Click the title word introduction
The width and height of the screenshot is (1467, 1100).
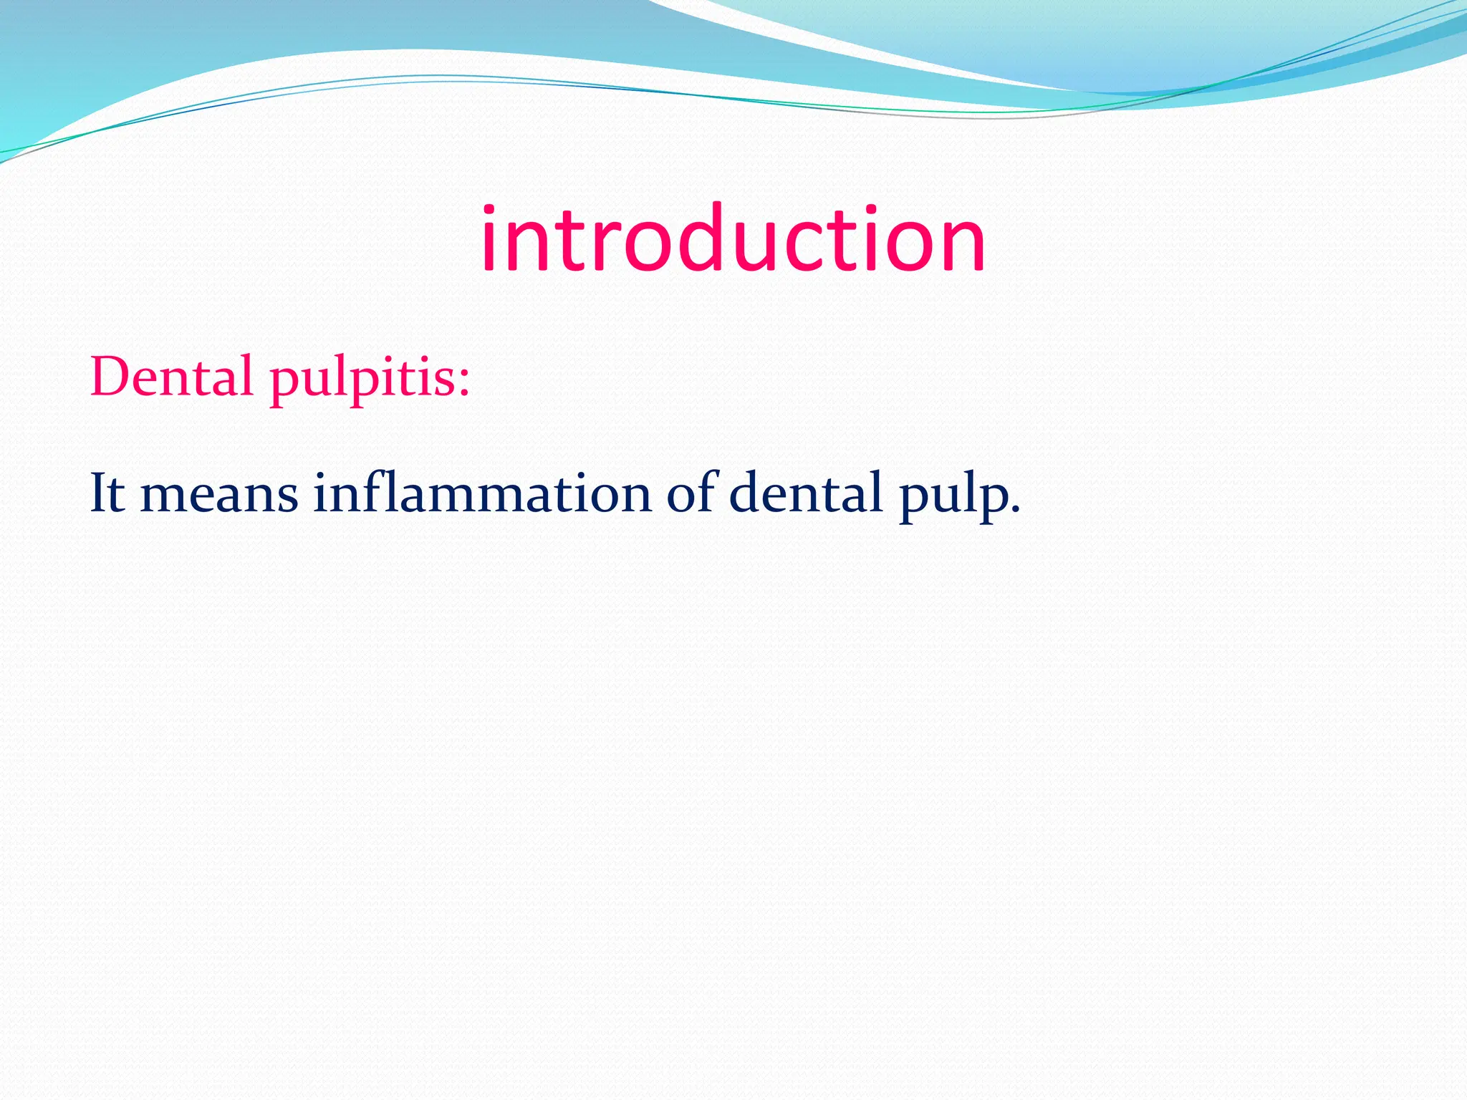coord(733,240)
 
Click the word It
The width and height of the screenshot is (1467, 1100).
coord(107,493)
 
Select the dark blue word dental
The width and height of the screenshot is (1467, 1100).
coord(806,493)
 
